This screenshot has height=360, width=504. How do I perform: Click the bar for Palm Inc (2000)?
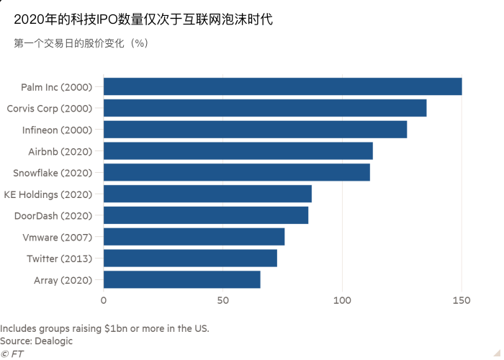pyautogui.click(x=282, y=86)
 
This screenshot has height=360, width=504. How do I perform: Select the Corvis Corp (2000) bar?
pyautogui.click(x=265, y=108)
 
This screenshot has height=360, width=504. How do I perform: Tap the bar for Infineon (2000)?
pyautogui.click(x=255, y=130)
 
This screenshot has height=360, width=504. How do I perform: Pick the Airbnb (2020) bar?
pyautogui.click(x=238, y=150)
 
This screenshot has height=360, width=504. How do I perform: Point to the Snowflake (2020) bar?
pyautogui.click(x=237, y=172)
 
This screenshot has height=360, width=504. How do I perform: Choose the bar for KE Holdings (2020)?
pyautogui.click(x=208, y=194)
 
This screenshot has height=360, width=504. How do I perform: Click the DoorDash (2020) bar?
pyautogui.click(x=206, y=215)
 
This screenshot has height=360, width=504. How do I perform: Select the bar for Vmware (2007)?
pyautogui.click(x=194, y=237)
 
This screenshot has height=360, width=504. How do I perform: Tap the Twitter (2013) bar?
pyautogui.click(x=190, y=258)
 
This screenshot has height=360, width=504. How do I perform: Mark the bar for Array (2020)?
pyautogui.click(x=182, y=280)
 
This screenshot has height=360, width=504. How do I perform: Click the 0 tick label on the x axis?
pyautogui.click(x=104, y=300)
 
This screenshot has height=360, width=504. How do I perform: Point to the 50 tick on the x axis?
pyautogui.click(x=222, y=300)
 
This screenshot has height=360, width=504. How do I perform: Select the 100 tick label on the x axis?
pyautogui.click(x=342, y=300)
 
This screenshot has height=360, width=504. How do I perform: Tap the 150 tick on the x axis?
pyautogui.click(x=462, y=300)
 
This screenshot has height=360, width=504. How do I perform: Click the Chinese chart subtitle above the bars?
pyautogui.click(x=81, y=43)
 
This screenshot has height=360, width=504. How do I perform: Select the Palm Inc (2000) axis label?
pyautogui.click(x=57, y=87)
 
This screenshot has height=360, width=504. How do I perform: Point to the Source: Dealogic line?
pyautogui.click(x=37, y=341)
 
